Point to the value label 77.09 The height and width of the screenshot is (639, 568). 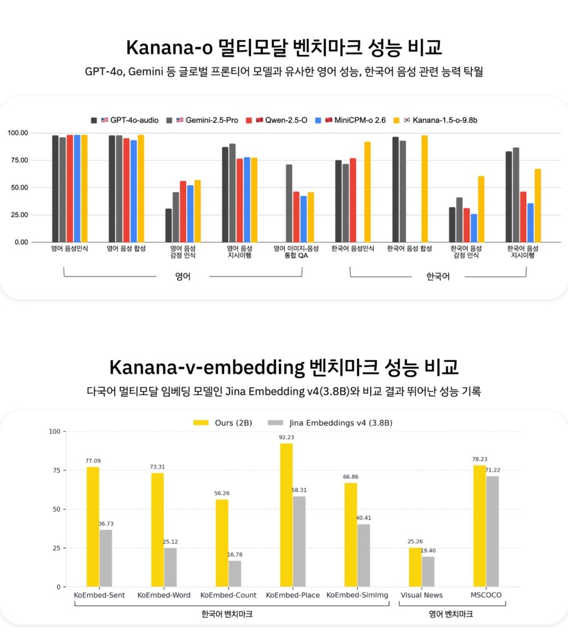pos(92,461)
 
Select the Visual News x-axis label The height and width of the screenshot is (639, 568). pos(421,595)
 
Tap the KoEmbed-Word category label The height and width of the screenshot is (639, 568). pos(164,595)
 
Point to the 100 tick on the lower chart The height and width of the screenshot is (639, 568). pos(55,431)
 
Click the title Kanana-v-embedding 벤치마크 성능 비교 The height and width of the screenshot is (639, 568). pos(284,366)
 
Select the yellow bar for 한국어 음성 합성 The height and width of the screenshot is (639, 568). pos(424,188)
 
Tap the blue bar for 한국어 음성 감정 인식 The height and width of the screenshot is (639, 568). pos(474,228)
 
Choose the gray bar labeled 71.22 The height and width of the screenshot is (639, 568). pos(492,531)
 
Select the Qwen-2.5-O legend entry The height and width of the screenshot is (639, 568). pos(286,119)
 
